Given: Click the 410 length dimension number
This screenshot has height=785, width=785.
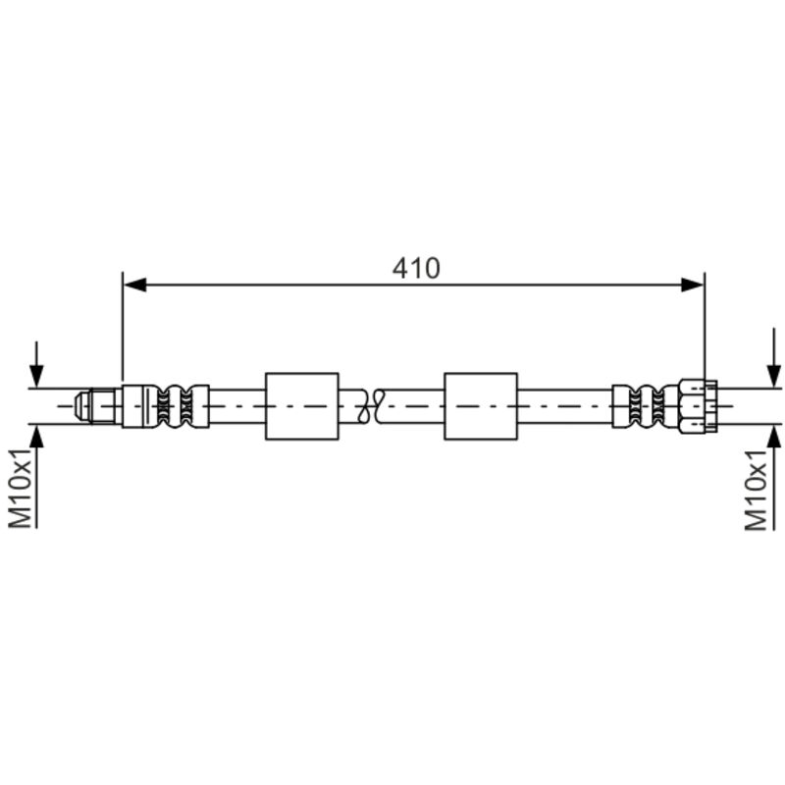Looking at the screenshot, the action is tap(416, 268).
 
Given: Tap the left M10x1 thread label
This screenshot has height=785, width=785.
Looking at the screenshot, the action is tap(21, 488).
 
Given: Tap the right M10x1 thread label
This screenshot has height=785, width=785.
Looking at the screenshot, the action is tap(756, 490).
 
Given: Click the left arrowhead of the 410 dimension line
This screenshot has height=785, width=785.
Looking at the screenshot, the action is tap(135, 286).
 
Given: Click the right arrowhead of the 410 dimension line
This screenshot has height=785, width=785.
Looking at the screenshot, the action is tap(693, 286).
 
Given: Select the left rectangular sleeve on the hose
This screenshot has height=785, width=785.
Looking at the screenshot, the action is tap(302, 406).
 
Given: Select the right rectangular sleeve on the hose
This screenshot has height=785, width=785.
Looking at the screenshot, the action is tap(481, 406).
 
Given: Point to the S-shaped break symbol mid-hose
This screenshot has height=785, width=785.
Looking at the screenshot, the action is tap(371, 406).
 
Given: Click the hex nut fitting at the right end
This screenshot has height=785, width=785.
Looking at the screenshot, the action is tap(699, 406).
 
